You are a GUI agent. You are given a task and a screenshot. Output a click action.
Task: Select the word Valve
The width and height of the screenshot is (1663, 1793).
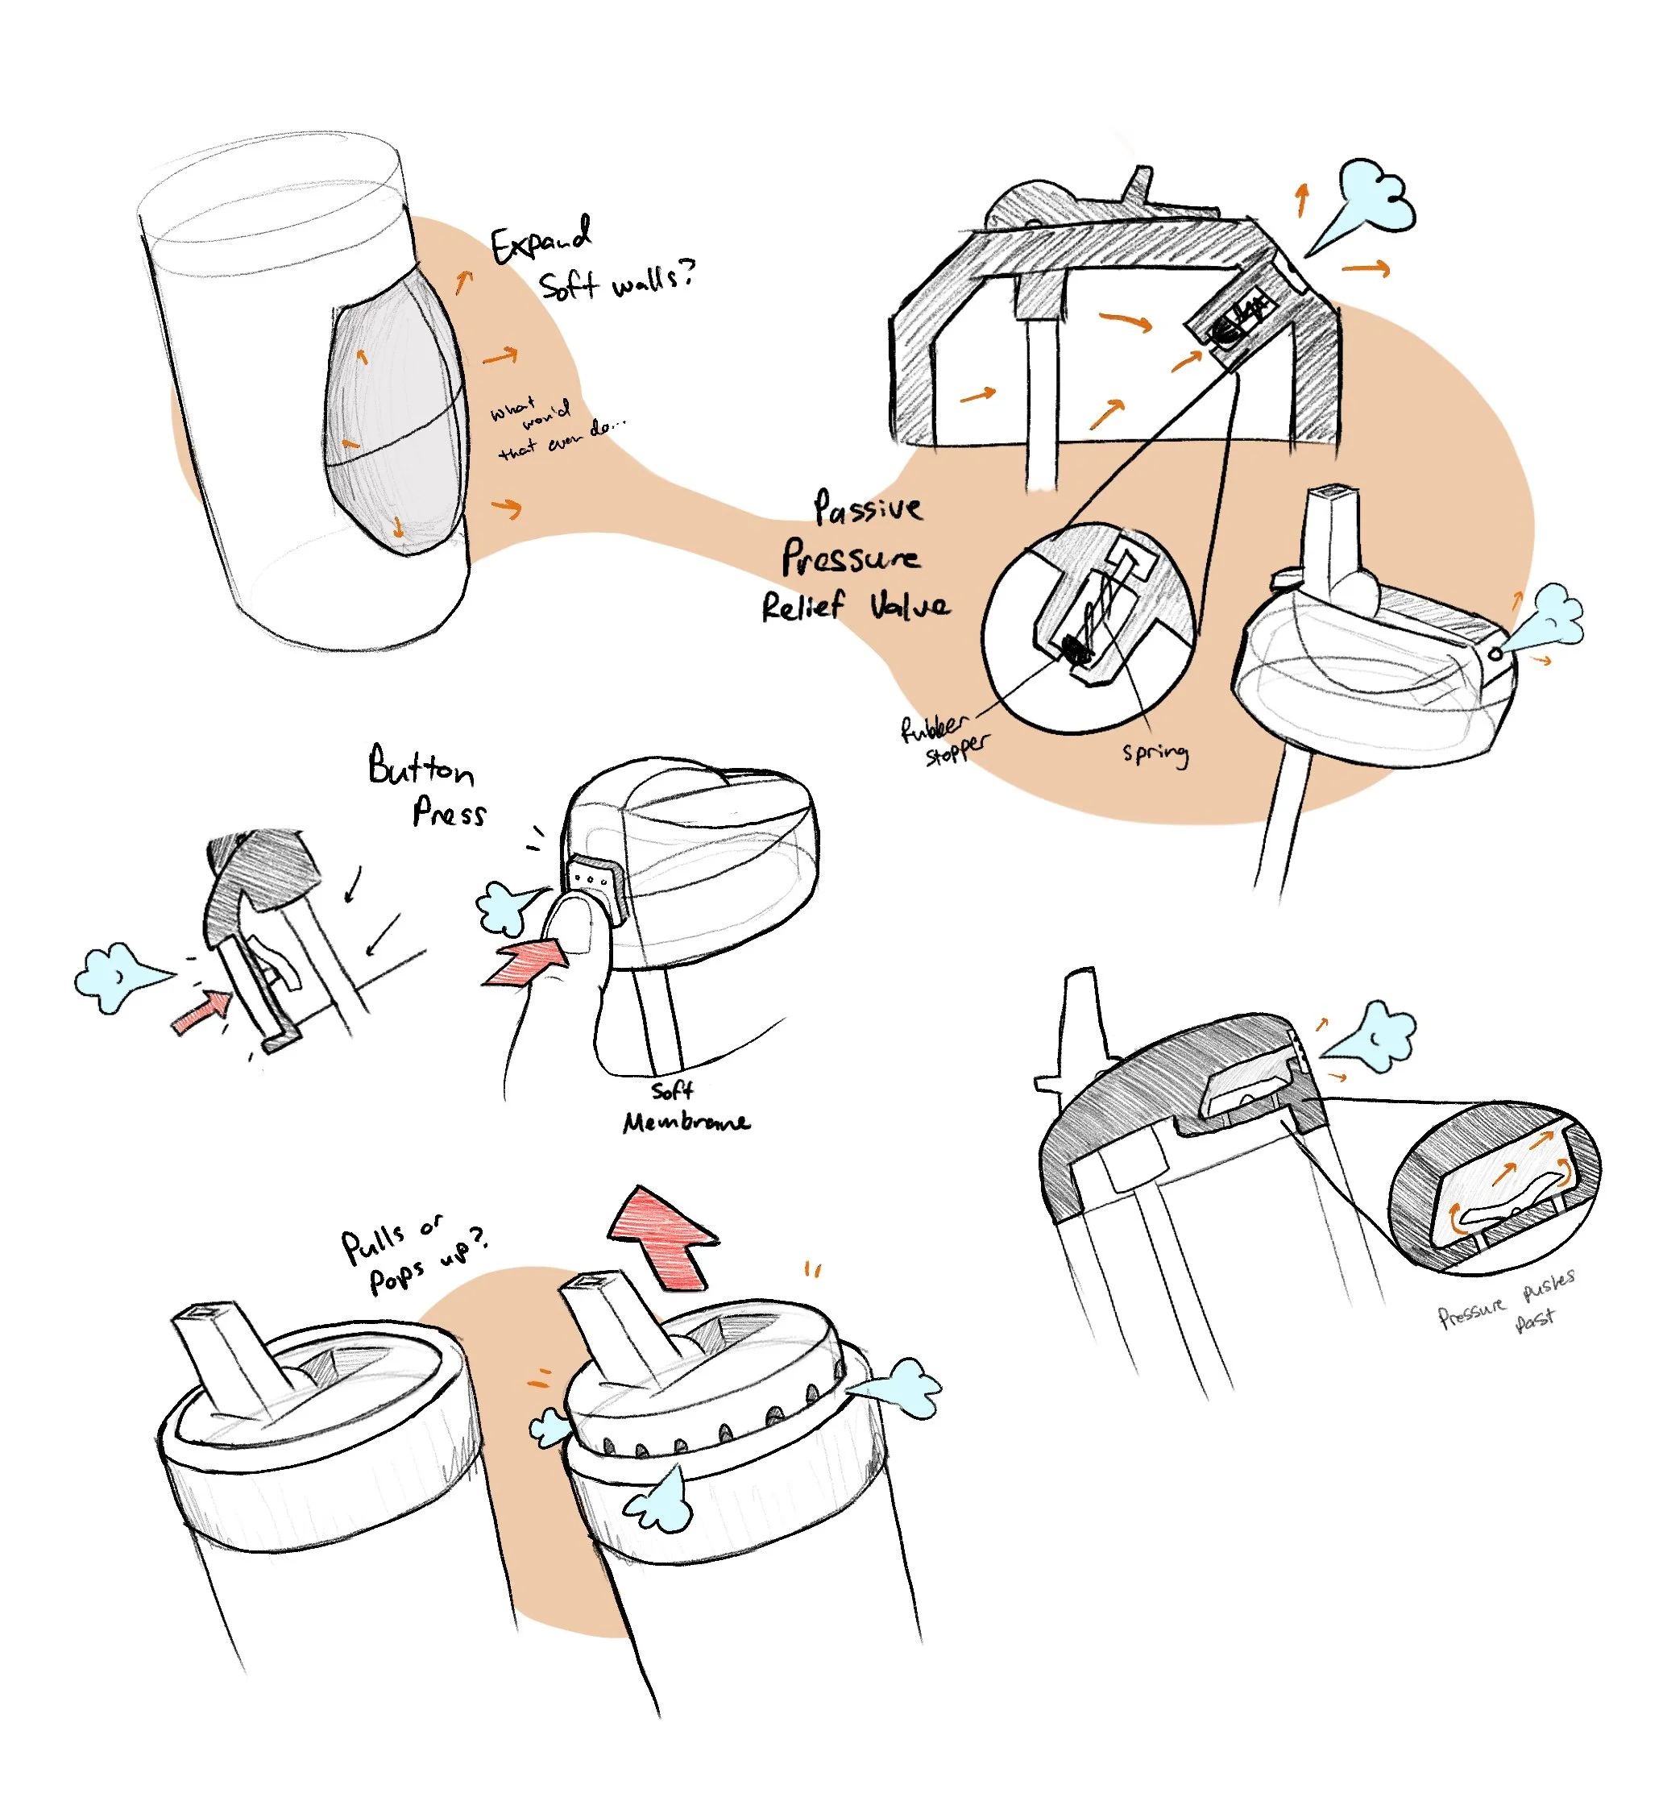(909, 606)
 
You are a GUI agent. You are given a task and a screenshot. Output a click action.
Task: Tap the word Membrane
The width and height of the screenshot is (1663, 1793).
(686, 1123)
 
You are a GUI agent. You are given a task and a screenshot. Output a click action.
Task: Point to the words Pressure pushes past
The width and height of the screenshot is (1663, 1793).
(1507, 1305)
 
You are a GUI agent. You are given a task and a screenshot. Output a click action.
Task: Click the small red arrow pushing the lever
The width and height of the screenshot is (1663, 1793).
(202, 1013)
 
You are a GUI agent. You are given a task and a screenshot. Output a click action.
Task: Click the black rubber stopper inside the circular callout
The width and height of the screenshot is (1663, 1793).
(1076, 647)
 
